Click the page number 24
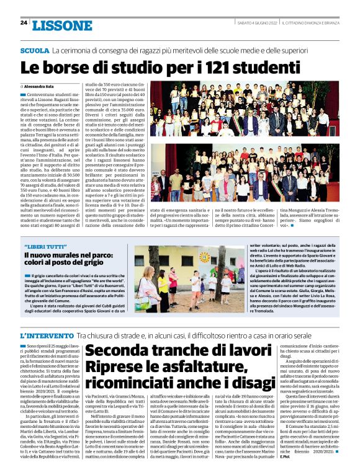tap(24, 22)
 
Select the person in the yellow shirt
tap(163, 285)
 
